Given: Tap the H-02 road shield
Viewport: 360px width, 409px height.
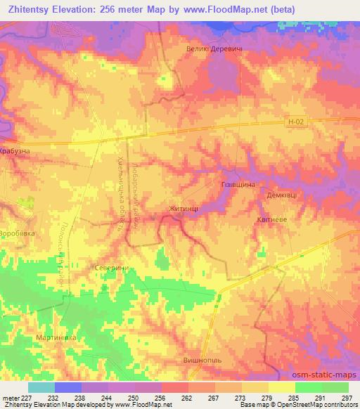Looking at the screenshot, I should click(x=296, y=122).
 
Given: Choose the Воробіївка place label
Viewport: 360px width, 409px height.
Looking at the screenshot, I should click(x=17, y=233).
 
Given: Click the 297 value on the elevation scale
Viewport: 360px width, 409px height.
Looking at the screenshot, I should click(x=346, y=397).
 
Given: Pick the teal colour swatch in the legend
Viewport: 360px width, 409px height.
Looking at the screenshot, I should click(x=41, y=387).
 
